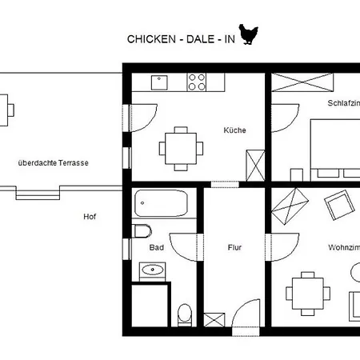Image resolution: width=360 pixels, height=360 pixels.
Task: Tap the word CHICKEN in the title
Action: [146, 39]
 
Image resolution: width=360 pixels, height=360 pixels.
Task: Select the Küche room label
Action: [234, 130]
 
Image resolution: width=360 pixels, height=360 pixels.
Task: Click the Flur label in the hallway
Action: [234, 247]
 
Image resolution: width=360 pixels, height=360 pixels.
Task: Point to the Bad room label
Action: [157, 247]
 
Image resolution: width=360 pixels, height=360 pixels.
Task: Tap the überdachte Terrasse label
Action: [53, 162]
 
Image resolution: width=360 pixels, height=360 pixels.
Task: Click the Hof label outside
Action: [90, 216]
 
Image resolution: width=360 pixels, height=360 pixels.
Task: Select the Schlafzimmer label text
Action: [343, 103]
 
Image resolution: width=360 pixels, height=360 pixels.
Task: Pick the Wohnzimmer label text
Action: [343, 247]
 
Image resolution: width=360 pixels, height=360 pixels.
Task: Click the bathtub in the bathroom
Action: [161, 203]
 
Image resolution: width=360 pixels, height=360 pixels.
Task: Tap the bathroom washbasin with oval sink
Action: [151, 270]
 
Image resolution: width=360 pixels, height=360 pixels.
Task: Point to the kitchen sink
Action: [160, 79]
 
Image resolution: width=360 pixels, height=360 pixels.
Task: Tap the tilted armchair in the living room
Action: [339, 206]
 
